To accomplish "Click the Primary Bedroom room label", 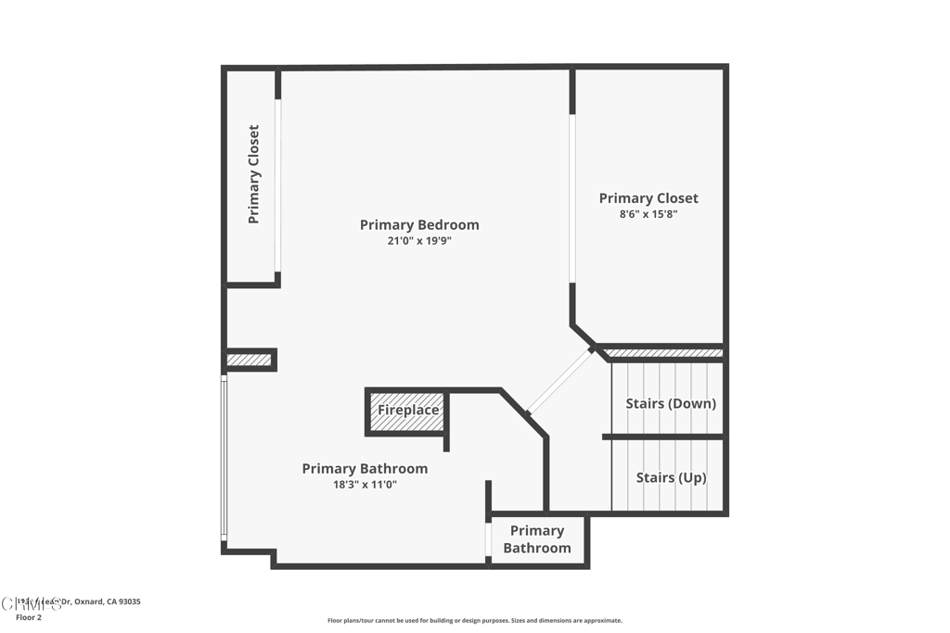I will [419, 224].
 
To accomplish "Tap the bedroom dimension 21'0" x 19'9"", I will [419, 241].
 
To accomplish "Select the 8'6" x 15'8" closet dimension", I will [648, 214].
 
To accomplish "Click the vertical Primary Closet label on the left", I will [253, 174].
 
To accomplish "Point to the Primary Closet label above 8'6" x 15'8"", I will [648, 198].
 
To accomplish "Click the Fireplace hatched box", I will [408, 411].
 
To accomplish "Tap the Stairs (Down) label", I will [670, 404].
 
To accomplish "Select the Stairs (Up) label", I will [671, 478].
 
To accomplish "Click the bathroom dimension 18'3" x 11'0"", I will [365, 485].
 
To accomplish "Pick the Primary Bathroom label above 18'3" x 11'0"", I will [365, 469].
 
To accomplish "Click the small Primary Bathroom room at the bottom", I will [537, 539].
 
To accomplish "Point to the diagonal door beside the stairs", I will [559, 381].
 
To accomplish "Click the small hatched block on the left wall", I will [249, 360].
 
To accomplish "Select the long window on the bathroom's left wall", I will [224, 459].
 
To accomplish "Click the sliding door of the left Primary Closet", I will [277, 185].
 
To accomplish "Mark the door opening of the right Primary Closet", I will [572, 199].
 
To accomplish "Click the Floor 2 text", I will [28, 616].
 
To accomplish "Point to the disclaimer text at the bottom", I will [474, 621].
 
